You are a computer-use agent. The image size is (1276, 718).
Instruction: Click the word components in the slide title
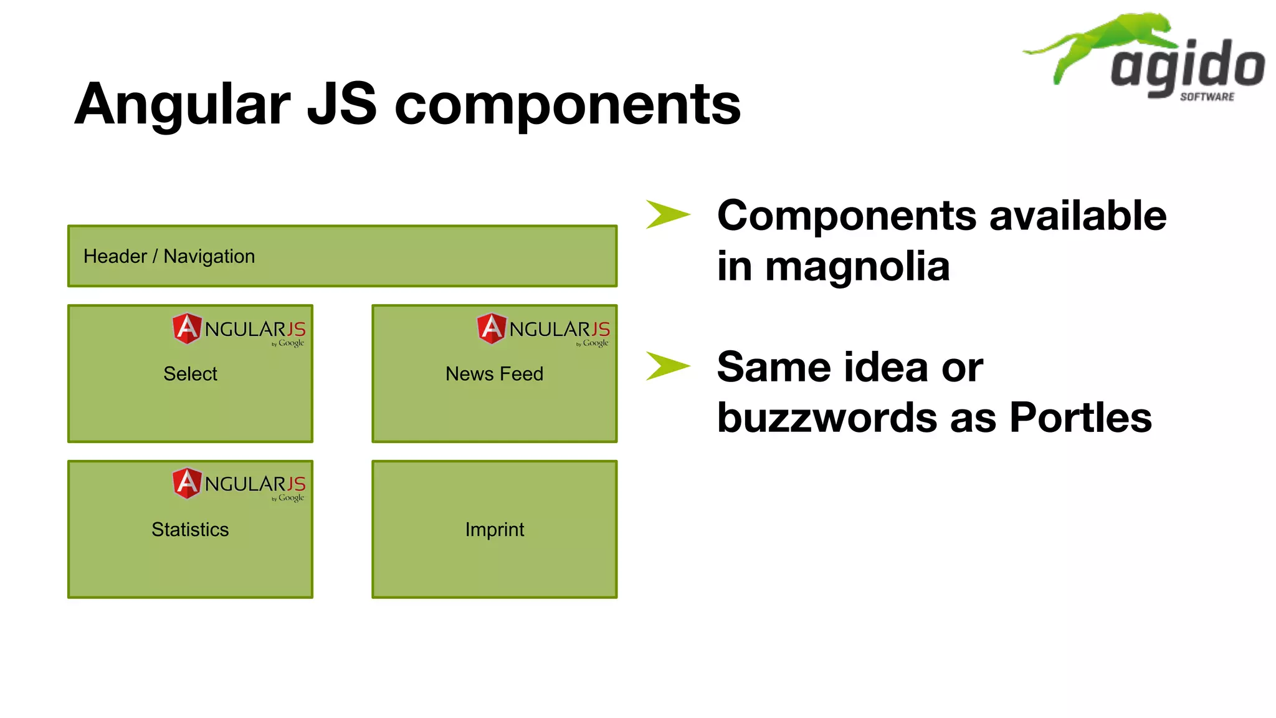point(568,105)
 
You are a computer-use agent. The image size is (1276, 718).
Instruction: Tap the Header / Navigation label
point(169,256)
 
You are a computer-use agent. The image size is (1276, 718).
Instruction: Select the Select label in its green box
point(190,373)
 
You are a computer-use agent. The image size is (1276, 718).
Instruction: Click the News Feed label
point(494,373)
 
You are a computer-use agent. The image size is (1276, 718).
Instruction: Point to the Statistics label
point(190,529)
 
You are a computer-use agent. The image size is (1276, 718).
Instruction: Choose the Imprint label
point(494,529)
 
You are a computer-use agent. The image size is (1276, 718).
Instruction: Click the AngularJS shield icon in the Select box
point(187,328)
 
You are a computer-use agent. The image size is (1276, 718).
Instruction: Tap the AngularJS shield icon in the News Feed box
point(492,328)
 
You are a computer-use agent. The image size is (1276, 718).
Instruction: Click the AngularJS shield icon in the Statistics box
point(187,483)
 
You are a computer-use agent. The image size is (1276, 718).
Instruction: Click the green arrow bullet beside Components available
point(667,214)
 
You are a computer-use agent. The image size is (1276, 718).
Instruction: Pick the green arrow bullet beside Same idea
point(667,366)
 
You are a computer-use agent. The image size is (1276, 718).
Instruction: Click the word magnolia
point(857,266)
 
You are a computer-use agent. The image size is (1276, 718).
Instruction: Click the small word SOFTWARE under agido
point(1207,97)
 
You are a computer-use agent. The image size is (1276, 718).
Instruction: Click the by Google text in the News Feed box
point(593,343)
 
